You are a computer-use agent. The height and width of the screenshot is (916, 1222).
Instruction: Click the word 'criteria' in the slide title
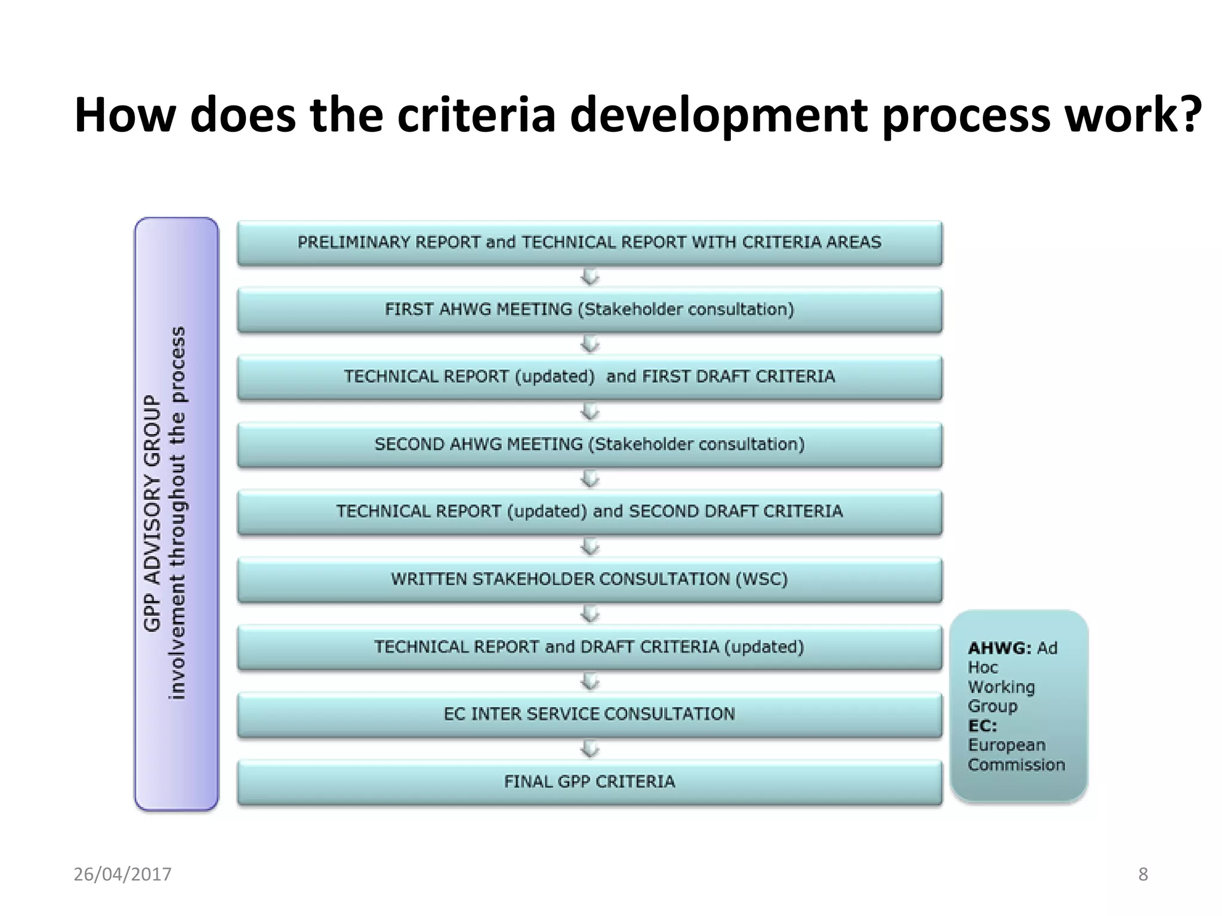[x=476, y=114]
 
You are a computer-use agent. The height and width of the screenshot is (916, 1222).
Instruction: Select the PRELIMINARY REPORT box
[x=590, y=243]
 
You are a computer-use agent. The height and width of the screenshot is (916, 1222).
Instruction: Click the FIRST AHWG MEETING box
[x=590, y=310]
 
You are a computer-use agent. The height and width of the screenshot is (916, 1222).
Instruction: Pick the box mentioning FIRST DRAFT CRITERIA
[x=590, y=377]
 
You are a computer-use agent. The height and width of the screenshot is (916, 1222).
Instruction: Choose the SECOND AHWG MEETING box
[x=590, y=444]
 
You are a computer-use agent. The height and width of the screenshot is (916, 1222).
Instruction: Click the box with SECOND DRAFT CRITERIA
[x=590, y=512]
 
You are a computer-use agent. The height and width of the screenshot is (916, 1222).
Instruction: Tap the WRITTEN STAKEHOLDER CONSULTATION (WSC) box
[x=590, y=579]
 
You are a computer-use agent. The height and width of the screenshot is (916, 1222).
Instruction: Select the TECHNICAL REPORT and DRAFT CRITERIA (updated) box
[x=590, y=647]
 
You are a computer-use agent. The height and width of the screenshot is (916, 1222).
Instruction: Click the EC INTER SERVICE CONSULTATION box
[x=590, y=714]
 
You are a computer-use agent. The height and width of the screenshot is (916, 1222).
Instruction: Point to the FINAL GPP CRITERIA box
[x=590, y=782]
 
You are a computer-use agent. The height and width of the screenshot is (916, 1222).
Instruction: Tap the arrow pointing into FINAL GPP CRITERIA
[x=590, y=749]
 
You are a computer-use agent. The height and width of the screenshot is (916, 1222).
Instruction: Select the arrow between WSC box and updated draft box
[x=590, y=614]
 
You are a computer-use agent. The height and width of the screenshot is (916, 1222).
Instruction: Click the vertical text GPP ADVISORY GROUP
[x=153, y=513]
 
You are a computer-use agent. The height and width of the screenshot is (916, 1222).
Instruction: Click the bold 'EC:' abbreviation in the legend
[x=982, y=726]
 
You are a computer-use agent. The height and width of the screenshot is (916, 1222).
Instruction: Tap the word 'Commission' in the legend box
[x=1016, y=765]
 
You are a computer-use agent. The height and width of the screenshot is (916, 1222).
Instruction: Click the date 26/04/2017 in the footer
[x=122, y=874]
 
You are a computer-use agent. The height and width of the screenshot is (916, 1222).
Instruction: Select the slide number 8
[x=1143, y=874]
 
